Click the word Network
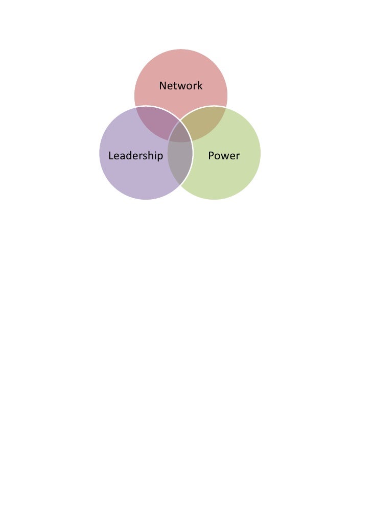[x=180, y=86]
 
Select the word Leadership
[x=135, y=156]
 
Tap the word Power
[x=224, y=156]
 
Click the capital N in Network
[x=162, y=86]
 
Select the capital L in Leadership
[x=111, y=156]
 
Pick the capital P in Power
[x=211, y=156]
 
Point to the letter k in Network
[x=200, y=86]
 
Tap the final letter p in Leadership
[x=160, y=157]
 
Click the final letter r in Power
[x=238, y=156]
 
